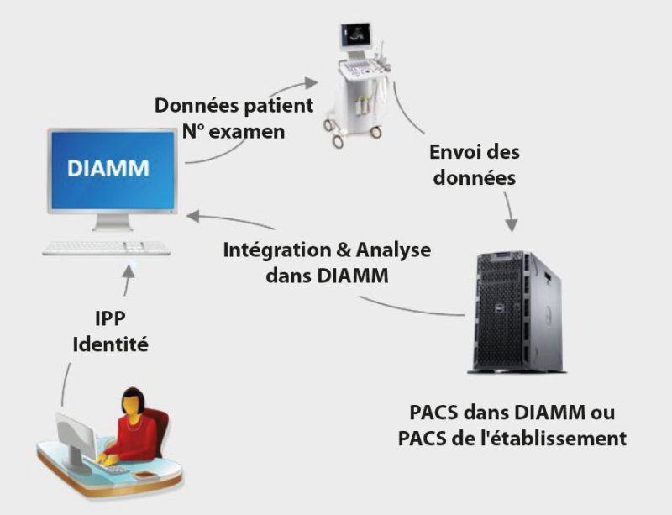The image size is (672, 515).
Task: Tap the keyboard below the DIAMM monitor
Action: [x=107, y=248]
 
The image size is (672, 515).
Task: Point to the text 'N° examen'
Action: [x=233, y=132]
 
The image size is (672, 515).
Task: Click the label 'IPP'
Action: [x=110, y=320]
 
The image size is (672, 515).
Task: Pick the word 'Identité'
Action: [x=110, y=344]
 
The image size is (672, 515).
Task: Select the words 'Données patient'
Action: [x=234, y=107]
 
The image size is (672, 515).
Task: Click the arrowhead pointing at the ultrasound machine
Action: [x=312, y=82]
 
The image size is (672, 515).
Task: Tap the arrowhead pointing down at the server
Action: [x=511, y=226]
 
